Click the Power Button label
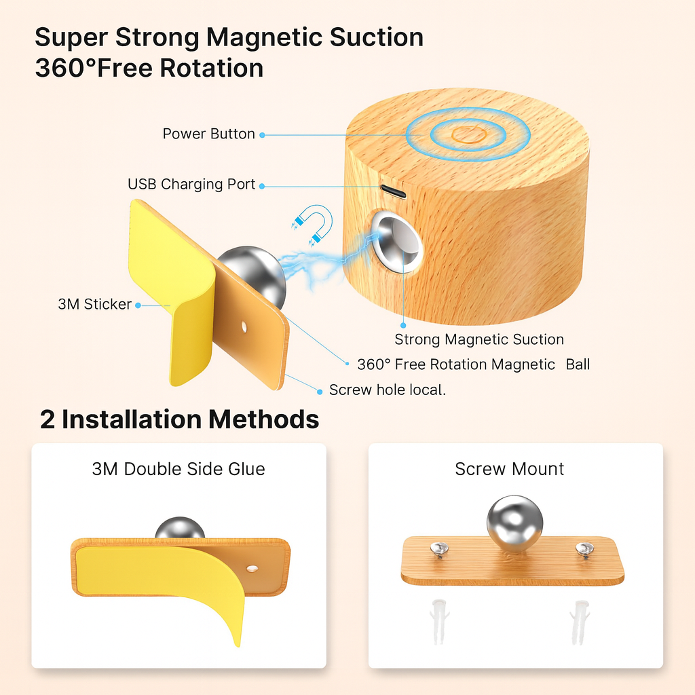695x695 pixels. [x=208, y=134]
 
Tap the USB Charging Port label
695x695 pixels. [x=191, y=184]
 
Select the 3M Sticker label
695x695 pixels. [x=94, y=304]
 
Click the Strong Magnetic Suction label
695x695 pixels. [x=479, y=339]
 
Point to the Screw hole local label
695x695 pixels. [x=388, y=390]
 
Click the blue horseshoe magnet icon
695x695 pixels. [x=313, y=225]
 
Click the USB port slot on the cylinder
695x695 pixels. [x=393, y=191]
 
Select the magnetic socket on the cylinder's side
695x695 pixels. [x=396, y=241]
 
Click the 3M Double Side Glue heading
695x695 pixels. [x=179, y=469]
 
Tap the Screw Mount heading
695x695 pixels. [x=509, y=469]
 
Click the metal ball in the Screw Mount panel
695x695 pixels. [x=514, y=524]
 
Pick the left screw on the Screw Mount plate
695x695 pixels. [x=439, y=550]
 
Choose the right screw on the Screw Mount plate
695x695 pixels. [x=584, y=550]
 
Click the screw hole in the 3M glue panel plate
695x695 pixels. [x=252, y=568]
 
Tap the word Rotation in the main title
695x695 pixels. [x=212, y=69]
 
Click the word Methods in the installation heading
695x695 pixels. [x=264, y=419]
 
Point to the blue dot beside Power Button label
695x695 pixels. [x=263, y=135]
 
